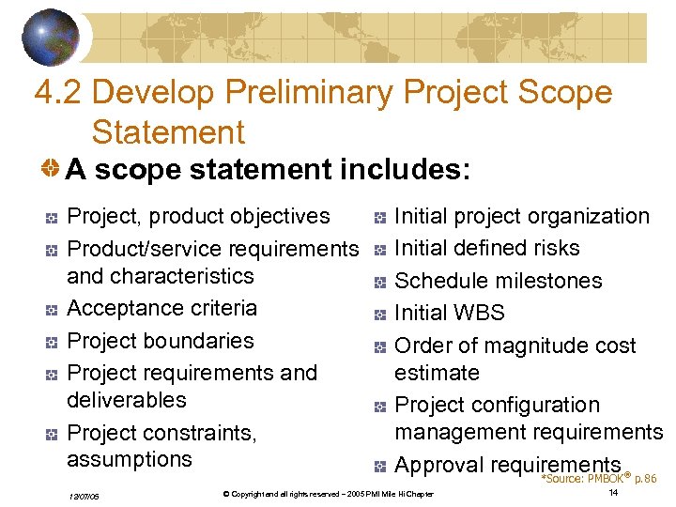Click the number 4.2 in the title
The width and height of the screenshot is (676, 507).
click(57, 93)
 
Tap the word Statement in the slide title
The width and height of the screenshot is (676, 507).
click(168, 131)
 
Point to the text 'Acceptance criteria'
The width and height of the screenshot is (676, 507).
click(161, 308)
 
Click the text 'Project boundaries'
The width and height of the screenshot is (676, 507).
click(161, 340)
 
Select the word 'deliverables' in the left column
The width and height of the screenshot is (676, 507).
click(127, 399)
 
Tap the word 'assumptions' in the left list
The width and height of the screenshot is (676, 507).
click(130, 459)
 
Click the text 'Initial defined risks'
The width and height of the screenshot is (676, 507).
click(487, 248)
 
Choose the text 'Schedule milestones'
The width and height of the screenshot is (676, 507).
click(498, 281)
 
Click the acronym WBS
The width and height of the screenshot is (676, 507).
click(479, 313)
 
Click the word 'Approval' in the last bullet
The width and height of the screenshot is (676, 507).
click(438, 465)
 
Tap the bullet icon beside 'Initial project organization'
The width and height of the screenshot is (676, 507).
click(377, 218)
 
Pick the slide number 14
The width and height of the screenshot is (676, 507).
click(613, 493)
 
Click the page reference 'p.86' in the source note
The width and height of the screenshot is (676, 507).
click(645, 479)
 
